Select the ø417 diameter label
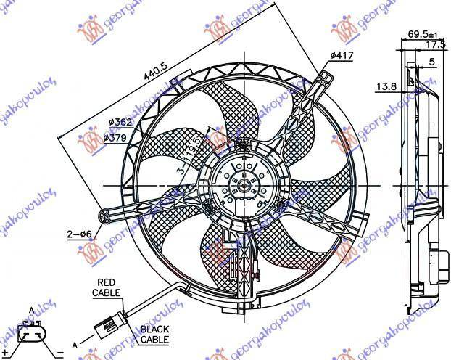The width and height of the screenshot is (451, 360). (x=342, y=56)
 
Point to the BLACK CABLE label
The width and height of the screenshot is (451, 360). (x=154, y=333)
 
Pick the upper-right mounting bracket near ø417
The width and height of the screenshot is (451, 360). (x=323, y=80)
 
